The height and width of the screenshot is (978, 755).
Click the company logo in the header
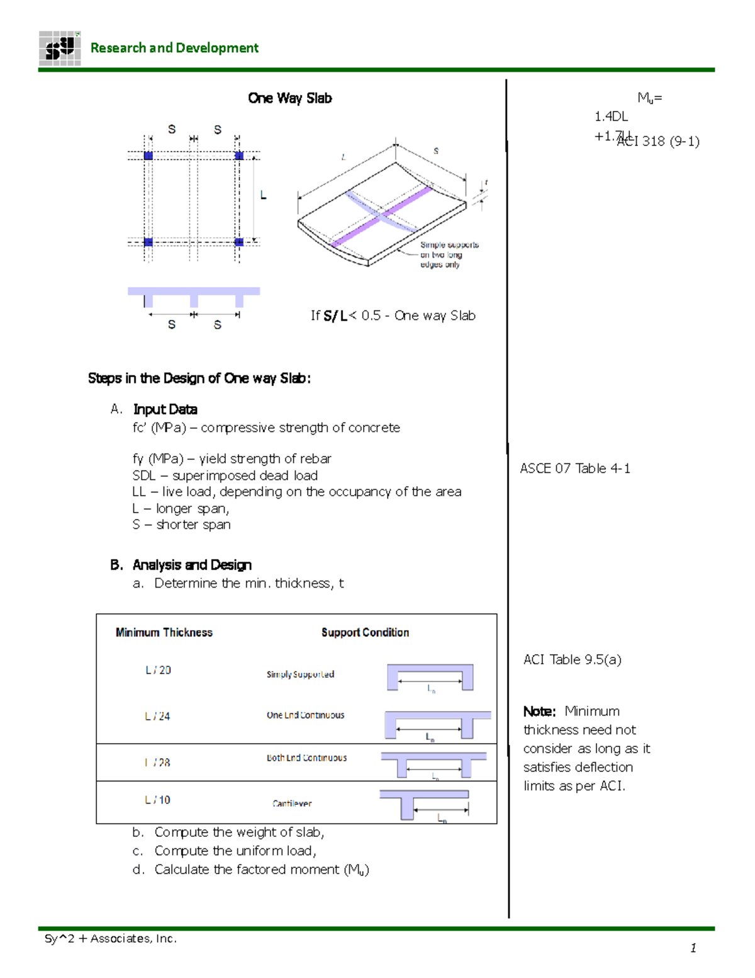click(x=60, y=48)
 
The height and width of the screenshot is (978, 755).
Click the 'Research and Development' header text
click(x=174, y=48)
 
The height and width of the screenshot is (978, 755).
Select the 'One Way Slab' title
click(x=289, y=98)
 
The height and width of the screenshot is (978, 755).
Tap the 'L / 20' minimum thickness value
click(x=158, y=670)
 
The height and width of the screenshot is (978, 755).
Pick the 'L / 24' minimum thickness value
click(x=157, y=716)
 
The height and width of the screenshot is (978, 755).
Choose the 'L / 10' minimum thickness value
click(x=157, y=800)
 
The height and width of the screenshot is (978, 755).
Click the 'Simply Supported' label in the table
click(x=300, y=674)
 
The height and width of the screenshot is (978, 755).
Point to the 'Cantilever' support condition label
click(x=292, y=804)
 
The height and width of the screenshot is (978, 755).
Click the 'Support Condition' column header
click(x=365, y=632)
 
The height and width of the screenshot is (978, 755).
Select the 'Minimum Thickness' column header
click(x=164, y=632)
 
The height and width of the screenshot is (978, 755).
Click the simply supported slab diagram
click(x=430, y=678)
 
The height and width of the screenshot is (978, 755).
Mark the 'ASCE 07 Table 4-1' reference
click(x=574, y=469)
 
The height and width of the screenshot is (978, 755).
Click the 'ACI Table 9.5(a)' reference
click(x=572, y=659)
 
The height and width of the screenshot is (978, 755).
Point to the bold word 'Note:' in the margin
click(x=539, y=712)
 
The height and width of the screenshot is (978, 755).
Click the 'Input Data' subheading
click(x=165, y=409)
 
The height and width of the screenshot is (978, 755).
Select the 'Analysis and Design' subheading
click(x=192, y=565)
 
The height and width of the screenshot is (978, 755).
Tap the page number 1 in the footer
click(x=693, y=948)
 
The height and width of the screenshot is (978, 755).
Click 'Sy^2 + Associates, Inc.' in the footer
click(x=111, y=938)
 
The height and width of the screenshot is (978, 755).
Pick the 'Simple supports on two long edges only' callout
click(x=449, y=254)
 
